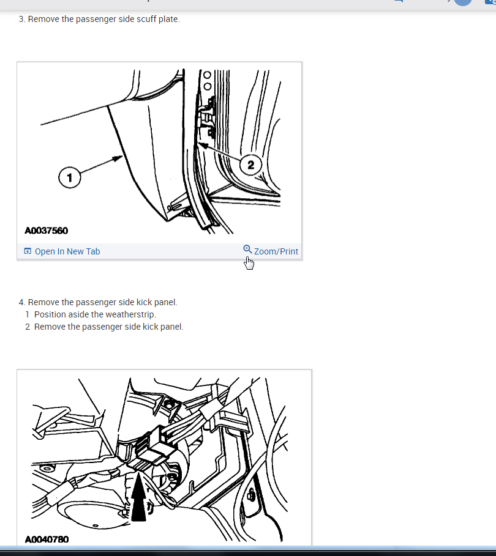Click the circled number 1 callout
70,177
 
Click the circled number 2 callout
250,165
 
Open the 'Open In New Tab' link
67,251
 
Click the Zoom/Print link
276,251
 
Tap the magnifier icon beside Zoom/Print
247,250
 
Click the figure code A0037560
46,231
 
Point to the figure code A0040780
47,539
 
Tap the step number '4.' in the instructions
22,303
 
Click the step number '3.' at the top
22,19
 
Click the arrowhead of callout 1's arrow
118,158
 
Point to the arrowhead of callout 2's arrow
203,145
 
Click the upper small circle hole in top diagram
207,75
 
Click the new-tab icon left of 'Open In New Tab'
28,251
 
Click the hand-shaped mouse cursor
249,263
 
